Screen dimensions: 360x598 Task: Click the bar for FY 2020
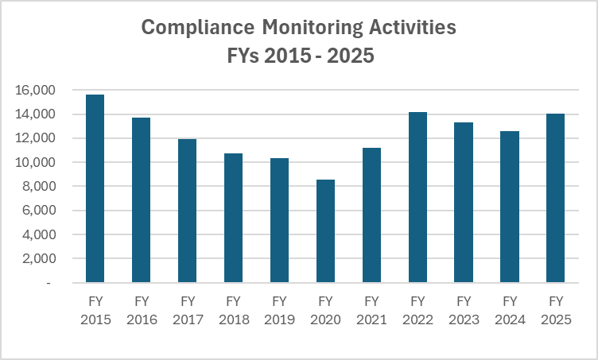[325, 230]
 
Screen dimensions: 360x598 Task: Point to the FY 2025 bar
[555, 198]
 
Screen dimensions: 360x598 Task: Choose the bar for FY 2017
[188, 211]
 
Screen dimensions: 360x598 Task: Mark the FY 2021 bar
[371, 215]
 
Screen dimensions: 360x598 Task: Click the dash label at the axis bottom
[49, 283]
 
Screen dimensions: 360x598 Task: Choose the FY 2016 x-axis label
[142, 310]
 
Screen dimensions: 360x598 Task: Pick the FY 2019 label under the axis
[279, 310]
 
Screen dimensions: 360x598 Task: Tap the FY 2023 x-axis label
[464, 310]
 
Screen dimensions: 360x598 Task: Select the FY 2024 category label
[510, 310]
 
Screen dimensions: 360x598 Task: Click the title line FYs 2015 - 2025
[299, 57]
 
